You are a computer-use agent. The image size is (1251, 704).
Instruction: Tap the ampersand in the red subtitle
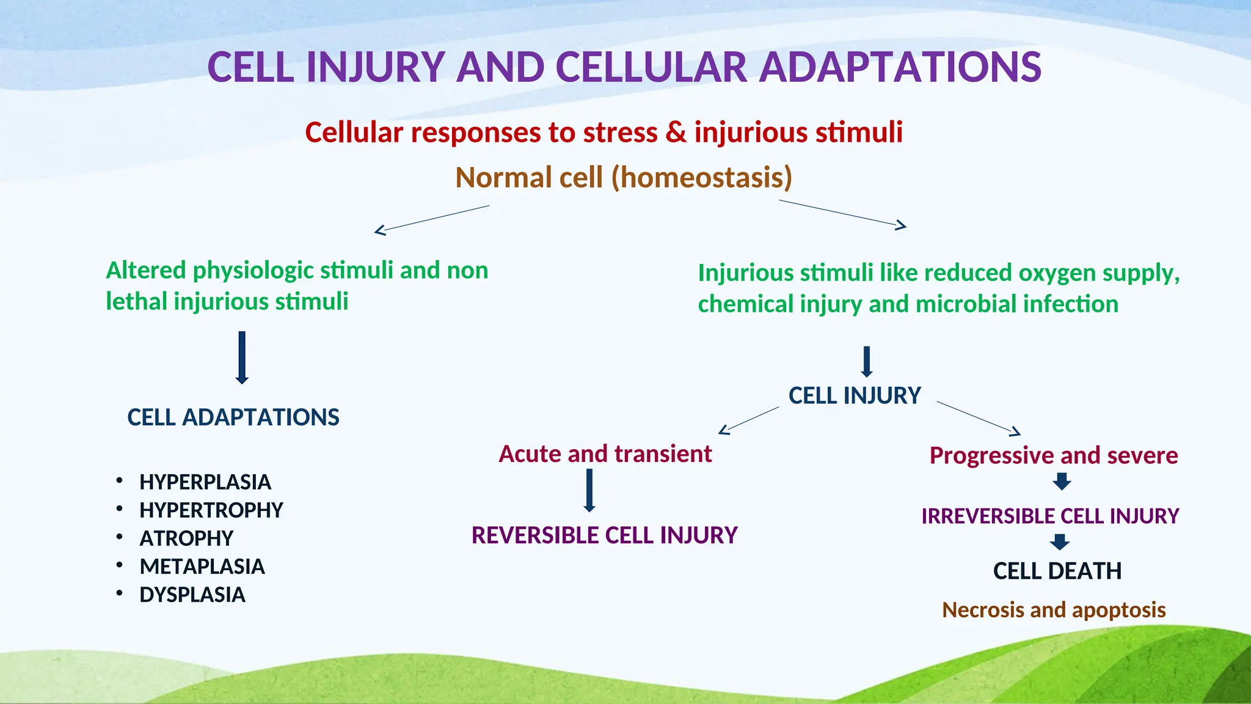pyautogui.click(x=676, y=133)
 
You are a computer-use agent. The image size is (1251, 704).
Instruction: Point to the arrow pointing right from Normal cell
pyautogui.click(x=843, y=213)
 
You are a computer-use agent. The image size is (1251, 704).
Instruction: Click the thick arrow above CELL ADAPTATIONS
pyautogui.click(x=242, y=358)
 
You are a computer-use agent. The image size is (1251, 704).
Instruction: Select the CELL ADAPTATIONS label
pyautogui.click(x=233, y=417)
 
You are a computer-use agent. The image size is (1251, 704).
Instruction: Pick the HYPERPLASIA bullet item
pyautogui.click(x=205, y=482)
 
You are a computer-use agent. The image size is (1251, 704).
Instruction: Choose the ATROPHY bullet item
pyautogui.click(x=186, y=538)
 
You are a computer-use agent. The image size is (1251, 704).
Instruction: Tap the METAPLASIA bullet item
pyautogui.click(x=202, y=566)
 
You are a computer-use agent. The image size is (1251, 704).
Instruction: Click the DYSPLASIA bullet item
pyautogui.click(x=192, y=595)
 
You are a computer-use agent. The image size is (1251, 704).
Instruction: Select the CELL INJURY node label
pyautogui.click(x=854, y=396)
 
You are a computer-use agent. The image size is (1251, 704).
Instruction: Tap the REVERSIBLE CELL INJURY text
pyautogui.click(x=604, y=535)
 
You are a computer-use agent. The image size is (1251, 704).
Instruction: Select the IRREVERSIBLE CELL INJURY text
pyautogui.click(x=1049, y=516)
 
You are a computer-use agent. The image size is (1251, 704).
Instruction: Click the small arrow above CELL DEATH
pyautogui.click(x=1060, y=542)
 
